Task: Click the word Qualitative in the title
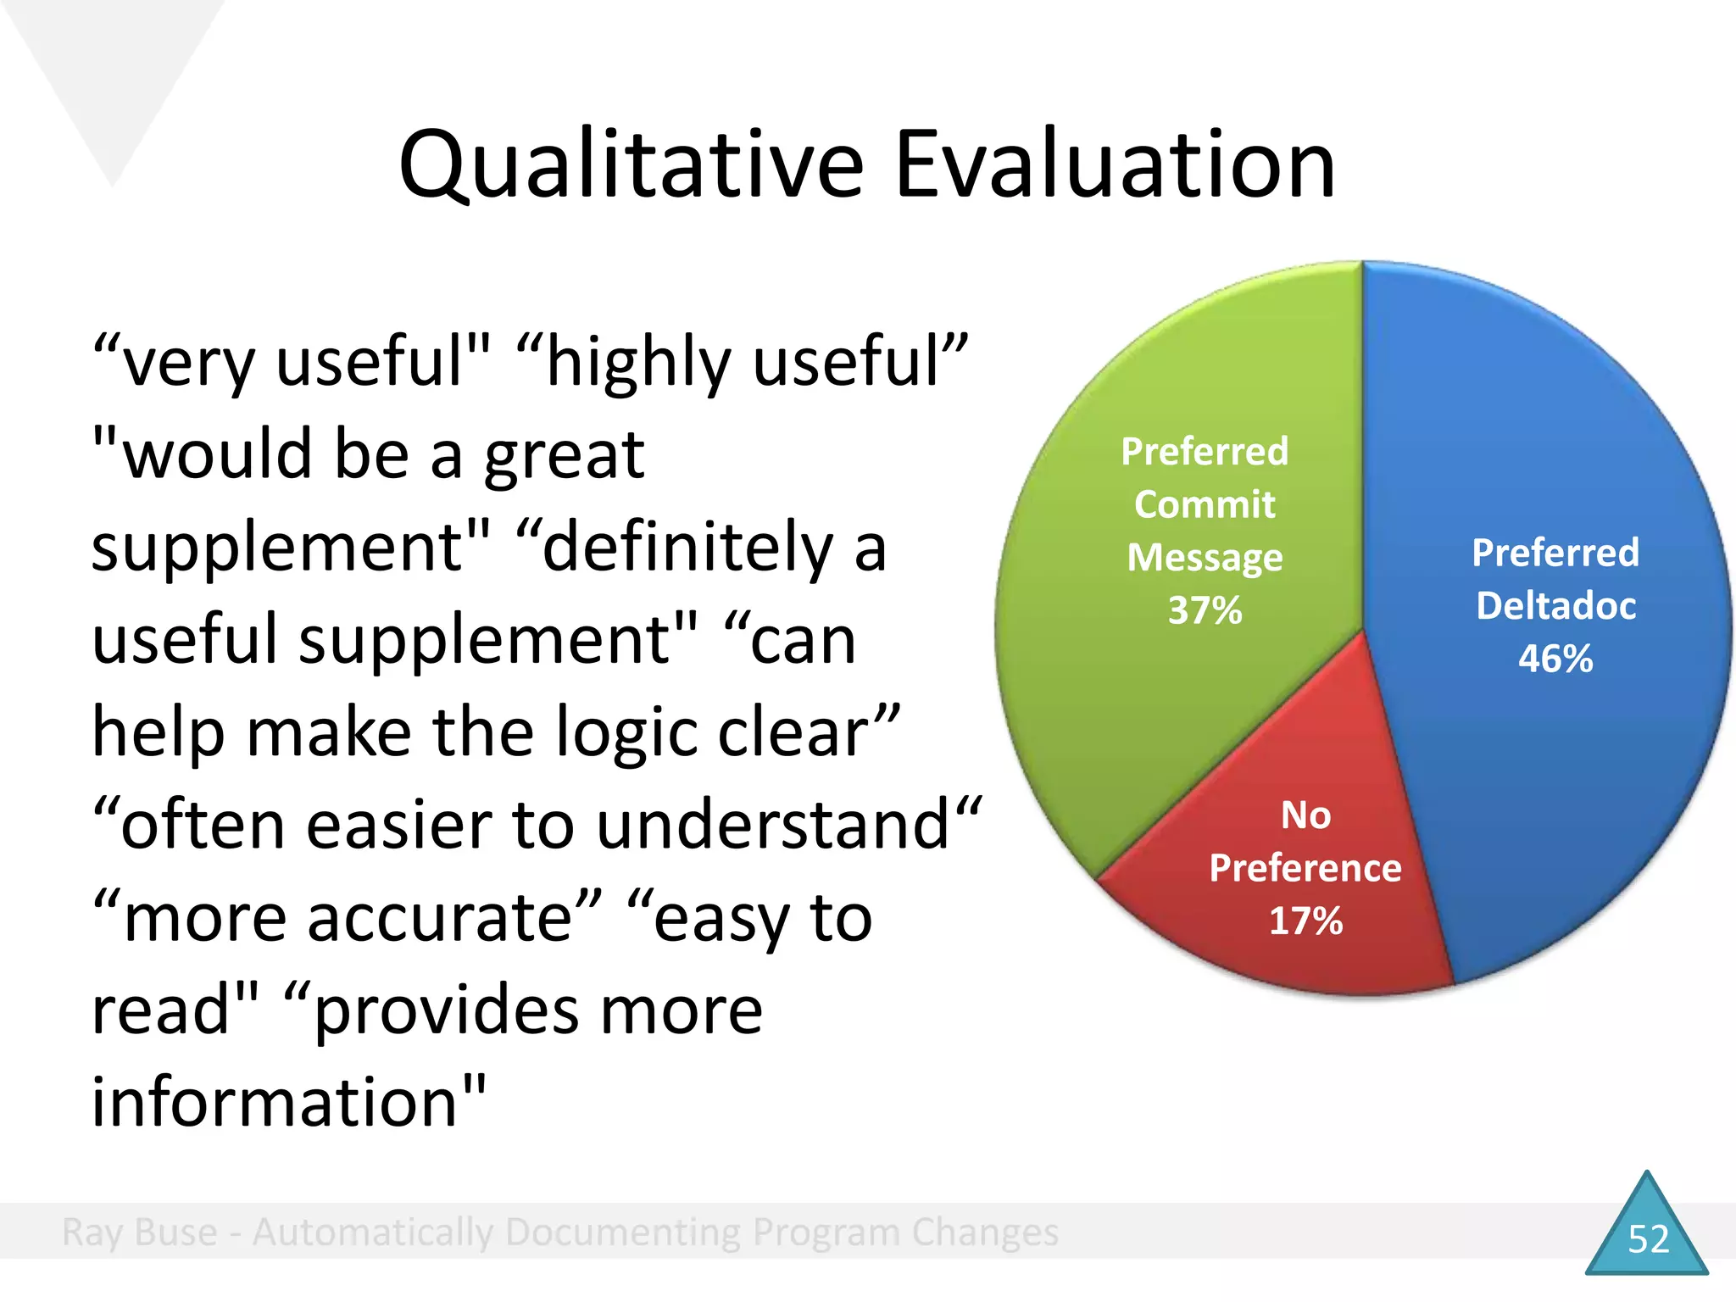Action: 632,165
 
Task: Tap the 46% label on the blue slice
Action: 1555,659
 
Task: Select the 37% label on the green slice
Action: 1205,610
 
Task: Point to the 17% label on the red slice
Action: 1305,921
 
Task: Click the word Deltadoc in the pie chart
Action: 1555,606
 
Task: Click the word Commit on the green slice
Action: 1205,504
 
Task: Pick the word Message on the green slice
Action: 1205,558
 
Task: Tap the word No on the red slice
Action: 1305,815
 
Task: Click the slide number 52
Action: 1648,1239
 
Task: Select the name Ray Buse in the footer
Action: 140,1232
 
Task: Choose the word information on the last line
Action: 275,1102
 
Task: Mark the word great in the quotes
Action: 565,455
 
